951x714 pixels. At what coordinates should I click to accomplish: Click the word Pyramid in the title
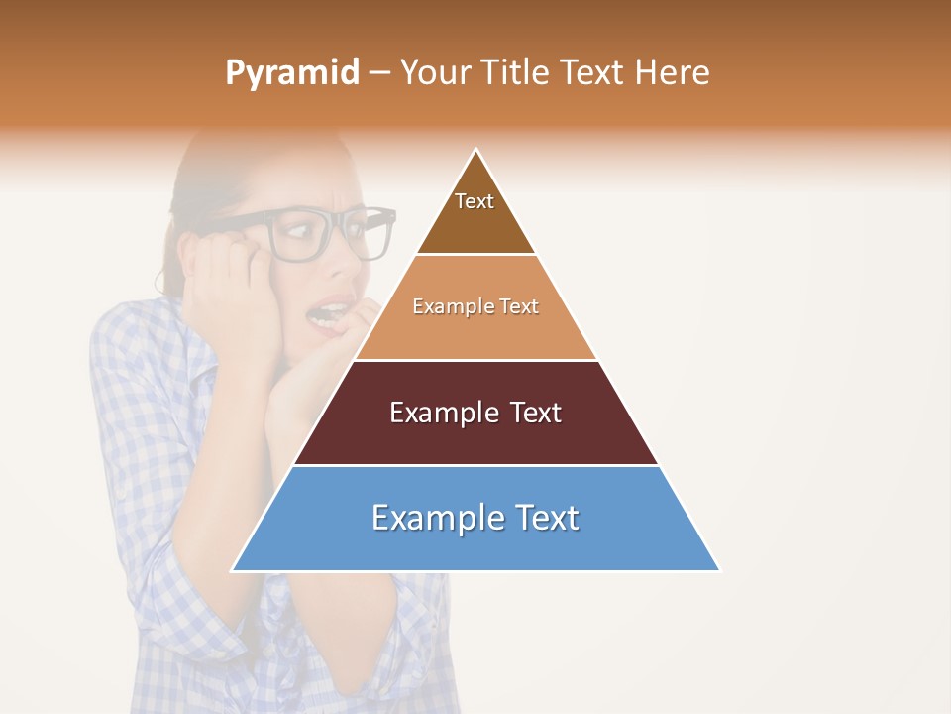click(292, 73)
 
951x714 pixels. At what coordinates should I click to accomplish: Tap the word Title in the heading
click(514, 73)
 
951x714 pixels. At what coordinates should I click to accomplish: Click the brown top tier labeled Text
click(475, 213)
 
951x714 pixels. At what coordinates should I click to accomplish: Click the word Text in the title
click(593, 73)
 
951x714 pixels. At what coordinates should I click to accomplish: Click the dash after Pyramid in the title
click(379, 73)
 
